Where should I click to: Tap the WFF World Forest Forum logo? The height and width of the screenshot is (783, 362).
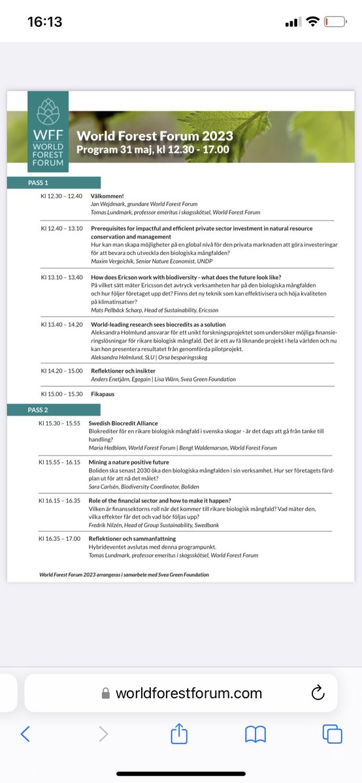(x=48, y=132)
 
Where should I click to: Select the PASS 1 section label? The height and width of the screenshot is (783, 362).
(x=38, y=183)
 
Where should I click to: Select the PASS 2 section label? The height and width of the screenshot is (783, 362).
(x=38, y=410)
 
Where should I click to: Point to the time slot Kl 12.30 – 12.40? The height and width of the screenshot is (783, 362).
(x=61, y=196)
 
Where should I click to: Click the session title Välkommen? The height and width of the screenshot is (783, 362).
(x=107, y=196)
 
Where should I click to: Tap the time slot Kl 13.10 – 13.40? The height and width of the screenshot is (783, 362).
(x=61, y=277)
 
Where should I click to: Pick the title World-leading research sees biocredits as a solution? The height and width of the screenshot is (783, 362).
(x=158, y=324)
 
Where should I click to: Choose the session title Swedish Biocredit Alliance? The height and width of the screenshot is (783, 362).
(x=124, y=423)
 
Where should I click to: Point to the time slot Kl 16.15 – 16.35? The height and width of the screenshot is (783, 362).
(x=61, y=499)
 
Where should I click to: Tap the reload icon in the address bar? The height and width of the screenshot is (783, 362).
(x=318, y=693)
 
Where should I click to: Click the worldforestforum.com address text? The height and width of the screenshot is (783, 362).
(x=188, y=693)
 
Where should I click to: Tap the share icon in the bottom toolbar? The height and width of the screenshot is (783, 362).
(x=179, y=734)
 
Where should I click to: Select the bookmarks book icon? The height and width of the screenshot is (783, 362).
(x=255, y=734)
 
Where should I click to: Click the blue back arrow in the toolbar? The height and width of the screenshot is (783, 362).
(x=25, y=734)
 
